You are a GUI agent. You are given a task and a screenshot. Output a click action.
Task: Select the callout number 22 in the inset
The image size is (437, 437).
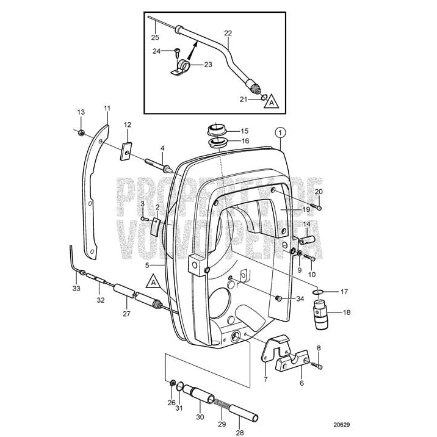coord(228,34)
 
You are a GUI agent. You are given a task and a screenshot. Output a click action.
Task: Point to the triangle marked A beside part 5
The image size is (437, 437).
coord(152,282)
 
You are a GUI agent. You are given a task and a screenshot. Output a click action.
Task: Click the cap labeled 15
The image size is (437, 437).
coord(215,129)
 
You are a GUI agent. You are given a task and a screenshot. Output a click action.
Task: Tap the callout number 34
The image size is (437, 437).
coord(299,298)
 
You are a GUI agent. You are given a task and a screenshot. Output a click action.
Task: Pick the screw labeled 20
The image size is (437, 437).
coord(319,208)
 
